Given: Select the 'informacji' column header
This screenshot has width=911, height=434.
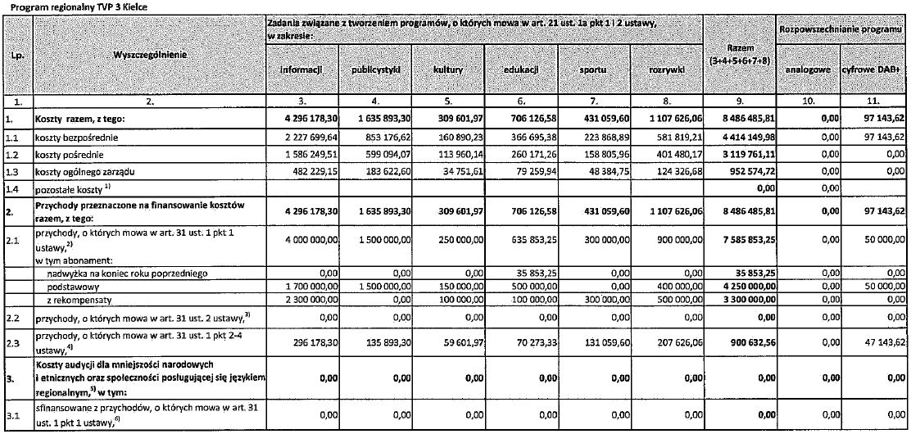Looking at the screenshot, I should click(x=300, y=70).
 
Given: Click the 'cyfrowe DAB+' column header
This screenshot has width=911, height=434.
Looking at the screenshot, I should click(x=875, y=70).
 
